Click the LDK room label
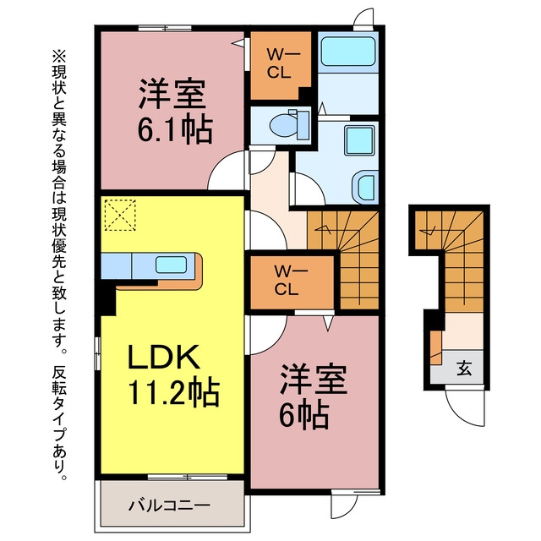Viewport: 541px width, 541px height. pyautogui.click(x=164, y=357)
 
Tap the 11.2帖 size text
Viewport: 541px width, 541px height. pyautogui.click(x=173, y=393)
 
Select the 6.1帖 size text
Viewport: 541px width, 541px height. pyautogui.click(x=175, y=130)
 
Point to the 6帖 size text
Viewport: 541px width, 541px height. pyautogui.click(x=303, y=416)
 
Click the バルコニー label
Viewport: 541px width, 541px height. pyautogui.click(x=169, y=505)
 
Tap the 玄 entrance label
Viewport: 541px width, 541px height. pyautogui.click(x=464, y=369)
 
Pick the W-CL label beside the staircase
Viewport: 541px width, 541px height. pyautogui.click(x=287, y=280)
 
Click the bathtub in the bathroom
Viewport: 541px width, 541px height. pyautogui.click(x=348, y=52)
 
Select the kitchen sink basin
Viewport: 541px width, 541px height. pyautogui.click(x=171, y=265)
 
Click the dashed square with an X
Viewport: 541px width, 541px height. pyautogui.click(x=120, y=215)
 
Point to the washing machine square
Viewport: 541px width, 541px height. pyautogui.click(x=359, y=140)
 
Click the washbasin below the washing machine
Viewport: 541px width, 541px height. pyautogui.click(x=366, y=188)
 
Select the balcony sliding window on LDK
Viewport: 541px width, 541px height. pyautogui.click(x=188, y=477)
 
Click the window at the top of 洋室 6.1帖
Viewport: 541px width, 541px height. pyautogui.click(x=165, y=28)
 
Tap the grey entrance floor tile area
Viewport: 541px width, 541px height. pyautogui.click(x=456, y=367)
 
